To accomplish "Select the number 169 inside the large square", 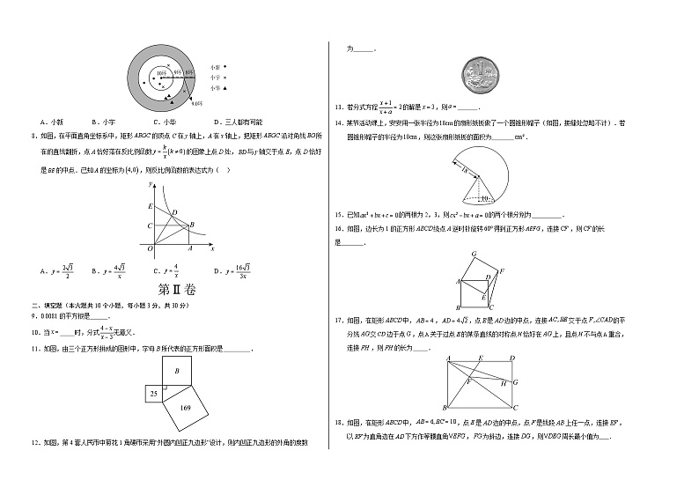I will click(x=186, y=409).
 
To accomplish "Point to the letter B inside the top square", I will click(x=176, y=372).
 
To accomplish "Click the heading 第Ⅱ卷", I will click(x=174, y=289).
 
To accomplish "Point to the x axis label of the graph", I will click(x=213, y=248).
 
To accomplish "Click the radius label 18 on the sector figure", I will click(x=465, y=170).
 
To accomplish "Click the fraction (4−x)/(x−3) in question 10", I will click(x=105, y=331).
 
